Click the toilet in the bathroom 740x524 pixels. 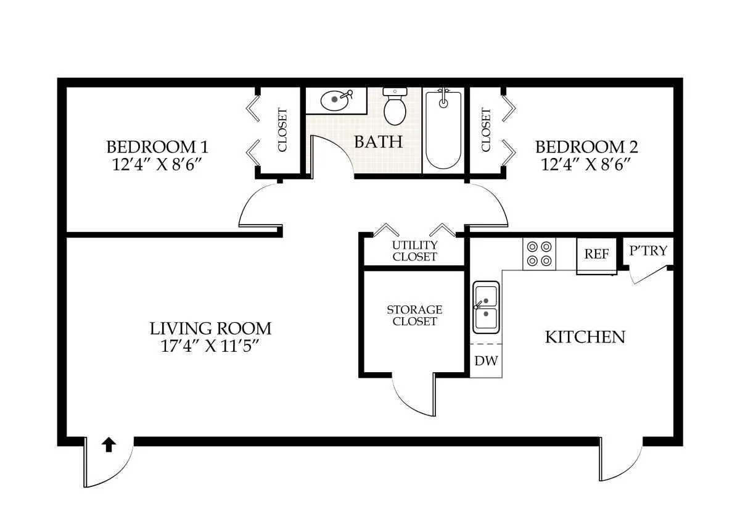pyautogui.click(x=395, y=106)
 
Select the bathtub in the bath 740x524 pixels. pyautogui.click(x=443, y=130)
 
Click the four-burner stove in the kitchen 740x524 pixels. pyautogui.click(x=539, y=254)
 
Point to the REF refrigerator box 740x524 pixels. pyautogui.click(x=597, y=255)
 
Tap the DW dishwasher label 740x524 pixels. pyautogui.click(x=486, y=360)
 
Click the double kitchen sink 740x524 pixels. pyautogui.click(x=486, y=307)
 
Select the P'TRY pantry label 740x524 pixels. pyautogui.click(x=648, y=251)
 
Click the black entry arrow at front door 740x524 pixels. pyautogui.click(x=109, y=445)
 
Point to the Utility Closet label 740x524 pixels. pyautogui.click(x=414, y=251)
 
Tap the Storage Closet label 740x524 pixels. pyautogui.click(x=414, y=315)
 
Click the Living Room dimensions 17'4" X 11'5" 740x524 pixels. pyautogui.click(x=210, y=346)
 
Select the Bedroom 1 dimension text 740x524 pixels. pyautogui.click(x=157, y=164)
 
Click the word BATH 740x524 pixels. pyautogui.click(x=379, y=142)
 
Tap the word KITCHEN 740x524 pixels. pyautogui.click(x=585, y=337)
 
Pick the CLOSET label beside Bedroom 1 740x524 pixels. pyautogui.click(x=282, y=130)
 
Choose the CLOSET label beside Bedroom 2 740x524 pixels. pyautogui.click(x=486, y=130)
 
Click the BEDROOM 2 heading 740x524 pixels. pyautogui.click(x=586, y=147)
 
